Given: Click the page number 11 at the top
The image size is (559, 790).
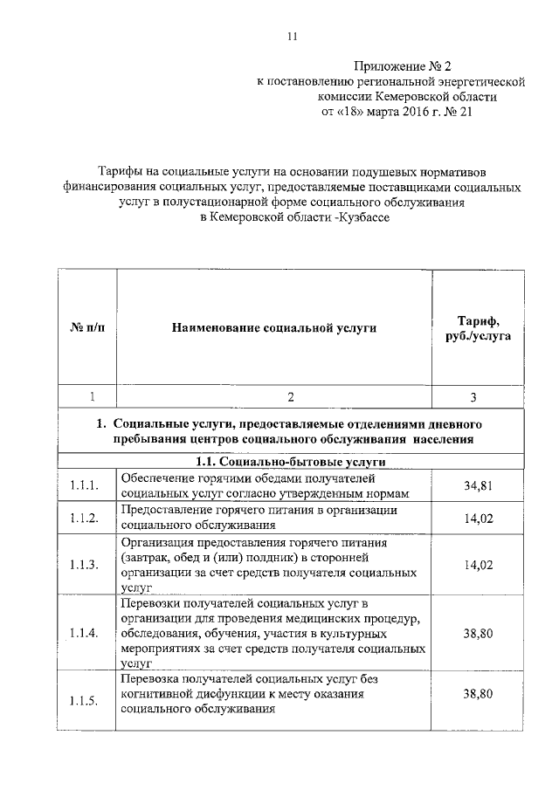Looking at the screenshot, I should [x=293, y=36].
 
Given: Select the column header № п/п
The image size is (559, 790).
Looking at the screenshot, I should [x=86, y=328].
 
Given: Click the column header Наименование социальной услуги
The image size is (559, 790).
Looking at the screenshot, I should [x=274, y=328].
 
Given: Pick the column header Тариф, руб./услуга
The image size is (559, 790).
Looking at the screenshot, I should [x=473, y=328].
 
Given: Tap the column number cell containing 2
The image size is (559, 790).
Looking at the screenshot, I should [x=274, y=397].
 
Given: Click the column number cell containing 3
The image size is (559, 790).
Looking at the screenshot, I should [x=473, y=397].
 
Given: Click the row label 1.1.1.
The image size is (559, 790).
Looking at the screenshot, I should [x=86, y=485].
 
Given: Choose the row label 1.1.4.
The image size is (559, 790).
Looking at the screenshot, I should [x=86, y=632].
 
